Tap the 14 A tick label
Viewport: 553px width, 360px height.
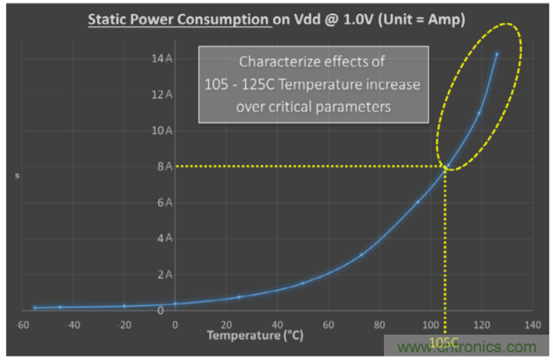point(163,58)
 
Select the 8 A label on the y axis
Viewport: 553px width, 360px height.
point(166,166)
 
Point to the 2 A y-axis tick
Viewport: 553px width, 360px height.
point(166,275)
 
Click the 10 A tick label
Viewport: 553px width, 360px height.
point(163,130)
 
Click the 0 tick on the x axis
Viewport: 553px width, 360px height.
point(175,324)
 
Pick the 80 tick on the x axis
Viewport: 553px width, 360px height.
point(379,324)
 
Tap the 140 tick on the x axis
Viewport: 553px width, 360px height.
point(531,324)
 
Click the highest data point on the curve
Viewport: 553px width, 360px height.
point(496,54)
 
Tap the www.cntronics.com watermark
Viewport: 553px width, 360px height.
point(464,346)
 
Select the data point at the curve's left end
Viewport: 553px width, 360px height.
point(35,308)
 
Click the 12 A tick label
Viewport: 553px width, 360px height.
point(163,95)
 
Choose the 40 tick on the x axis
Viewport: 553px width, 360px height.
point(276,324)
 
